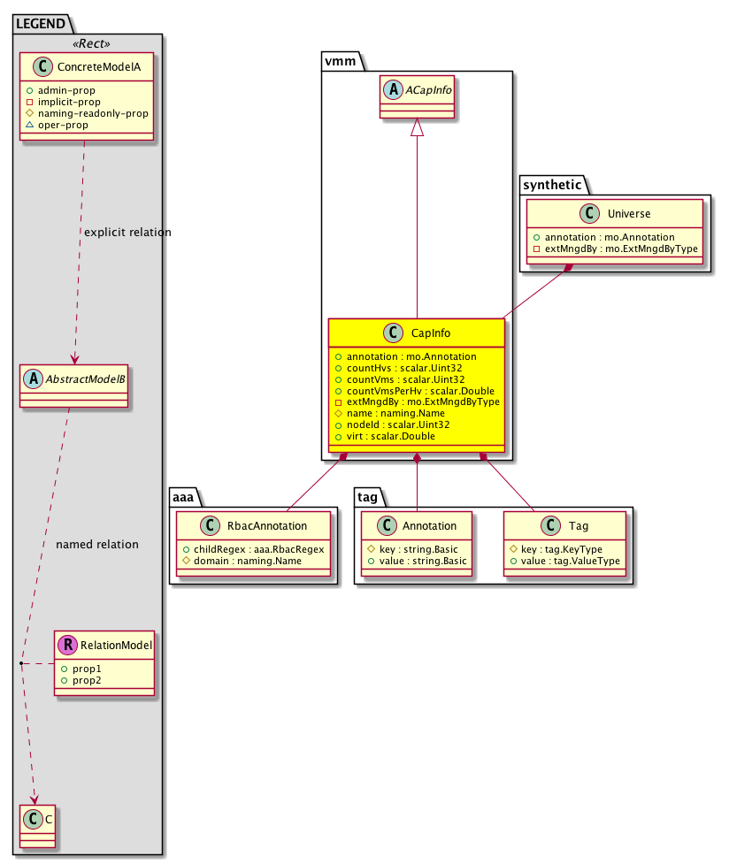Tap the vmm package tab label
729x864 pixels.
337,60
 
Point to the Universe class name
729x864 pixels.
629,213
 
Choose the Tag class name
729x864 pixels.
578,525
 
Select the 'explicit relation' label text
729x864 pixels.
127,233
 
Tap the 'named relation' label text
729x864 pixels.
96,544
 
